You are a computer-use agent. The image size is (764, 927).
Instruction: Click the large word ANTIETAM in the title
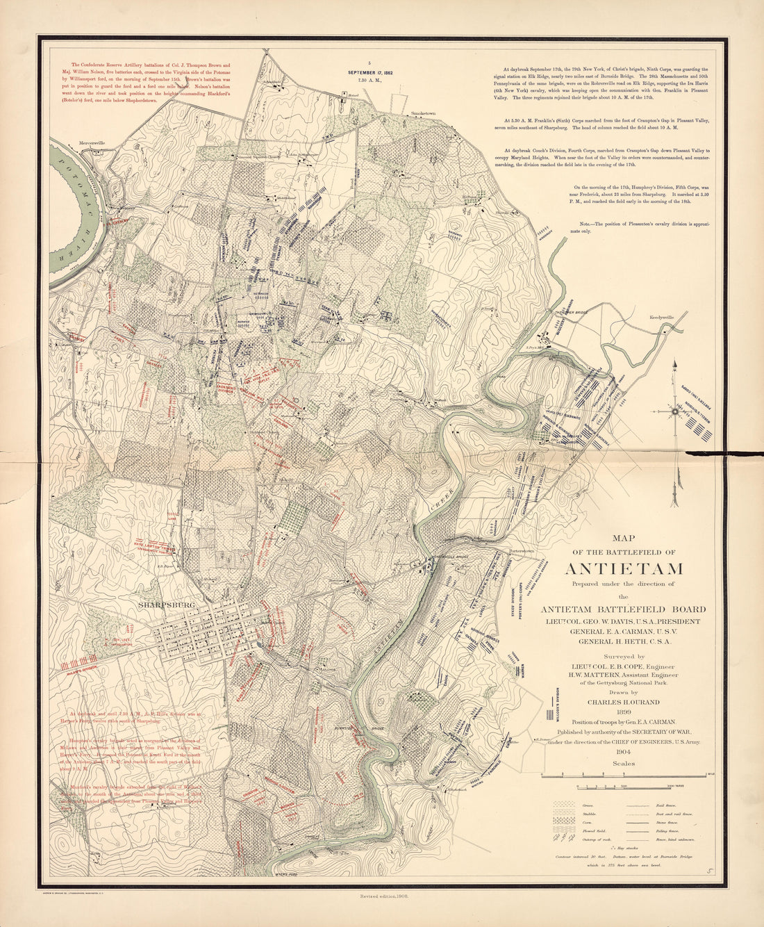tap(623, 568)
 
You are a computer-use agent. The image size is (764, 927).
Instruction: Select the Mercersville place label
tap(92, 143)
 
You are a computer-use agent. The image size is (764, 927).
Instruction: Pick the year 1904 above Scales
tap(623, 752)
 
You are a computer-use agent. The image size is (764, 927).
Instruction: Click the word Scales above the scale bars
tap(623, 763)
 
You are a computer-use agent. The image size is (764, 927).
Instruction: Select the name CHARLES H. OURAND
tap(623, 702)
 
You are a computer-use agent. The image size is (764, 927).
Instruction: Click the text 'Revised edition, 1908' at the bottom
tap(383, 897)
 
